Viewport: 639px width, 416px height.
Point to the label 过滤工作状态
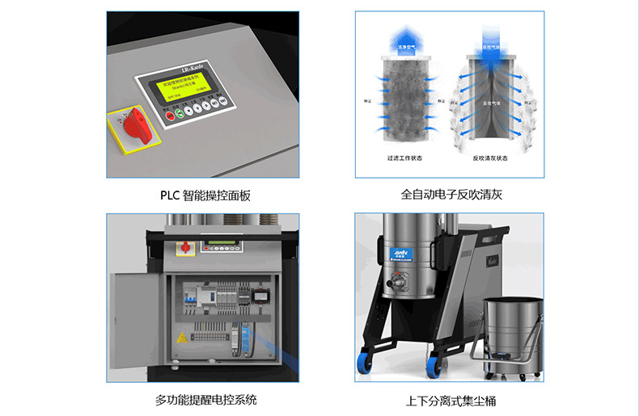[x=403, y=158]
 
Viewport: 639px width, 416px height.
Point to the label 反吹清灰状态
[x=490, y=158]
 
